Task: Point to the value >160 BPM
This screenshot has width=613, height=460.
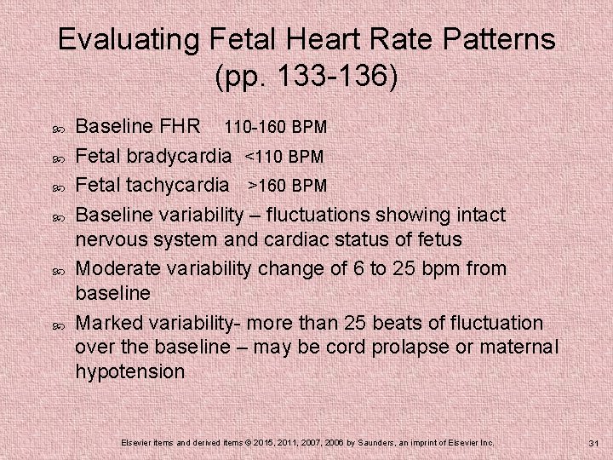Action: coord(287,186)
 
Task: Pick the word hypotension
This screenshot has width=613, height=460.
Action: coord(129,372)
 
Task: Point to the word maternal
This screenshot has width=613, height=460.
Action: coord(519,348)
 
